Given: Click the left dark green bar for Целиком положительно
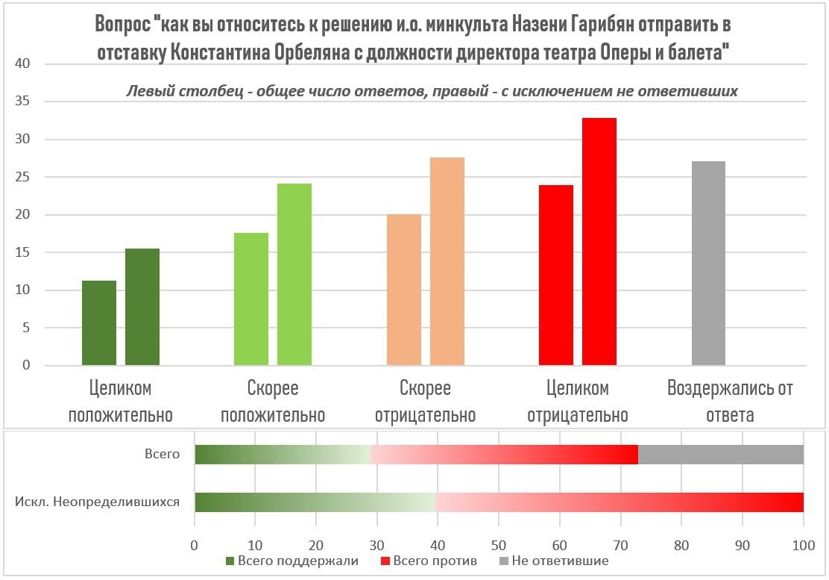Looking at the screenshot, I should [x=99, y=323].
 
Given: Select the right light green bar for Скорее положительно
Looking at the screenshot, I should [x=294, y=275].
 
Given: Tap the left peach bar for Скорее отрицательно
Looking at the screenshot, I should [x=404, y=290].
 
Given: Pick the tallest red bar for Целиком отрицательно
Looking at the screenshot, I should [x=599, y=242].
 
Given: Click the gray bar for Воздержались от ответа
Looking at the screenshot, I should [x=708, y=264].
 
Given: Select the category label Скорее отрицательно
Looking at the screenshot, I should [x=426, y=402].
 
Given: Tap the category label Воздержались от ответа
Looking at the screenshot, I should [x=730, y=402].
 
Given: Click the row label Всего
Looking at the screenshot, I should [x=162, y=454].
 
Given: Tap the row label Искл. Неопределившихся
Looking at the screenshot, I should [x=98, y=502].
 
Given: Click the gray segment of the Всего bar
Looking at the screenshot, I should [x=721, y=454].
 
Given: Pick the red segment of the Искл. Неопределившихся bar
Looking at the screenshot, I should [x=619, y=502].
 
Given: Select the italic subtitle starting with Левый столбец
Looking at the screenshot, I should [x=432, y=91].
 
